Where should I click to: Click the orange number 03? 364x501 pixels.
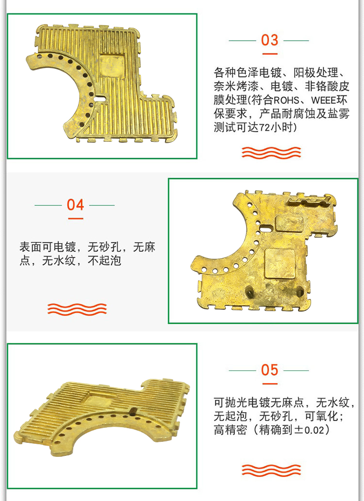tap(269, 40)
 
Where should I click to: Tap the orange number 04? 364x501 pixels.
tap(75, 205)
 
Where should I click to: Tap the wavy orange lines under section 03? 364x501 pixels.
tap(271, 152)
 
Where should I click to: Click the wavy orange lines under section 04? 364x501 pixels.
tap(77, 309)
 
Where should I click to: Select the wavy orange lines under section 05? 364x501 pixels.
tap(271, 470)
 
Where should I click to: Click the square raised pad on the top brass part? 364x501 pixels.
tap(112, 67)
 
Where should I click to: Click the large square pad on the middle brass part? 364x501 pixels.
tap(280, 263)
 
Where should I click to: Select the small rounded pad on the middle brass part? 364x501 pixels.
tap(289, 223)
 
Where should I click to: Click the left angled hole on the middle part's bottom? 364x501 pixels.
tap(249, 291)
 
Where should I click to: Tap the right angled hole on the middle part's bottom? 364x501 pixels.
tap(299, 291)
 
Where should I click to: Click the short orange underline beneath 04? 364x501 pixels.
tap(75, 218)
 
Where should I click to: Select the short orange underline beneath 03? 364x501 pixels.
tap(269, 54)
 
